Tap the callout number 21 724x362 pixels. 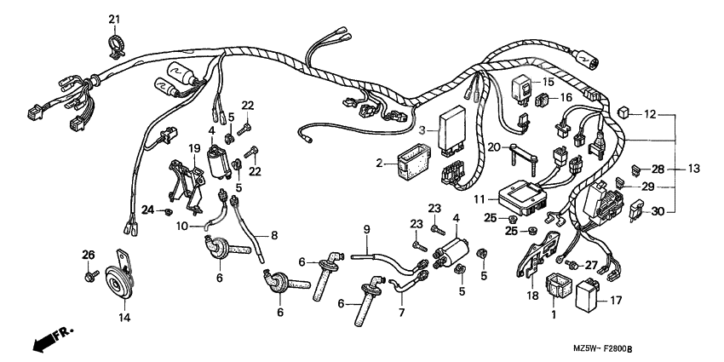[115, 19]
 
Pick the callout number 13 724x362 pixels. [692, 169]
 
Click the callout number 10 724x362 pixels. [181, 226]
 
